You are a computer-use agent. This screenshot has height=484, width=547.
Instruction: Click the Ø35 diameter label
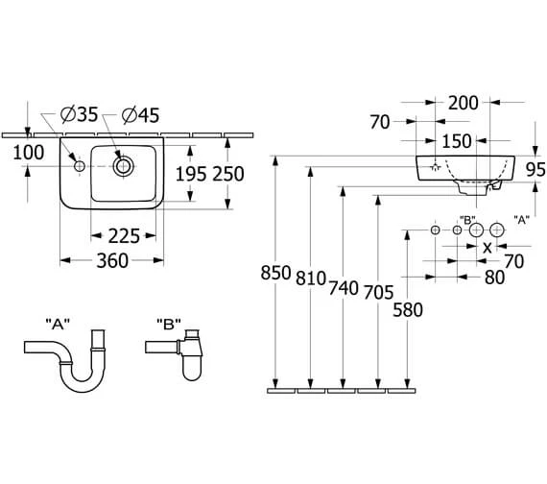point(80,114)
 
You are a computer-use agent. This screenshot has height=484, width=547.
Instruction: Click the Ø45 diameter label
point(140,115)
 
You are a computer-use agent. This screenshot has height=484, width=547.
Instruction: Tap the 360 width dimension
point(112,260)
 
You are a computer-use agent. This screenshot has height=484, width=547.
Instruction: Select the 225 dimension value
point(124,236)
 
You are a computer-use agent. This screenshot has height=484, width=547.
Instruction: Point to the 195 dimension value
point(190,174)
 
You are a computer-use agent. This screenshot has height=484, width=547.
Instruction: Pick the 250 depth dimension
point(228,174)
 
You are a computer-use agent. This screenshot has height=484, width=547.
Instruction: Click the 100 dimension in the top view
point(28,153)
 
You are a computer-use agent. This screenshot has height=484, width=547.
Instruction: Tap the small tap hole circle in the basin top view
point(80,166)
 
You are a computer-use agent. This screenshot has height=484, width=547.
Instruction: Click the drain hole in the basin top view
point(123,166)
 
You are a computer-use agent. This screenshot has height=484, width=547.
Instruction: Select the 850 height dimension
point(275,273)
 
